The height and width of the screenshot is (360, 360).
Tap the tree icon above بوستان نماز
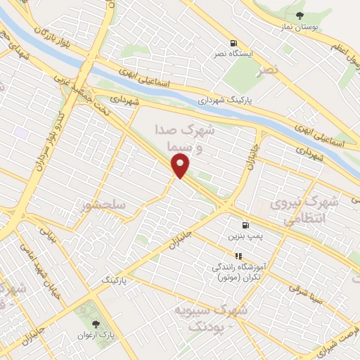click(300, 15)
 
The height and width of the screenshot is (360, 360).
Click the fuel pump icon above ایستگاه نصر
click(233, 42)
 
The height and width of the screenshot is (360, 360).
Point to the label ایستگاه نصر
click(233, 53)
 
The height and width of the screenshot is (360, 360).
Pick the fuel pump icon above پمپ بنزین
click(245, 225)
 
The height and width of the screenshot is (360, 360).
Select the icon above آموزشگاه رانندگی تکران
click(238, 256)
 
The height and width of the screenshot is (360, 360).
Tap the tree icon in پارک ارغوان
click(96, 324)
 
